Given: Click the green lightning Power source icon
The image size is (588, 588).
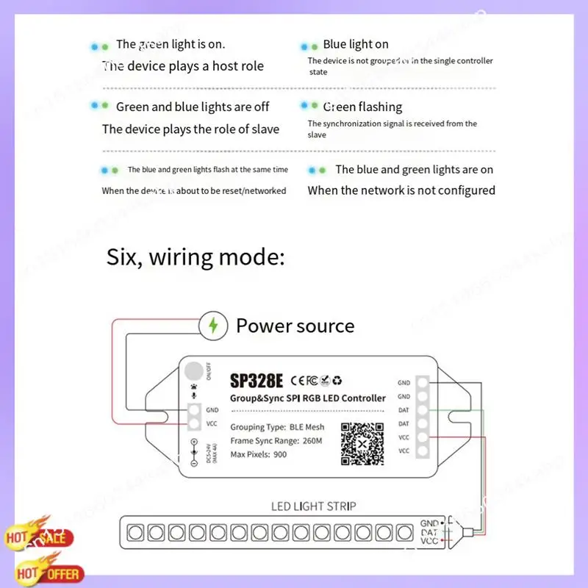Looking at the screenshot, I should [x=212, y=325].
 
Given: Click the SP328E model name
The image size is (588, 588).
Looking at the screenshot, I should [x=256, y=381].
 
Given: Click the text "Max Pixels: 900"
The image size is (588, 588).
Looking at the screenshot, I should [x=259, y=454].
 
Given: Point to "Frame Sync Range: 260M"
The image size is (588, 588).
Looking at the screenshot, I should [x=276, y=440].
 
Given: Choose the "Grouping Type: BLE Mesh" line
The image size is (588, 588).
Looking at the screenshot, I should [x=277, y=427].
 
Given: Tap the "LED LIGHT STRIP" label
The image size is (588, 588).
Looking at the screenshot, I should [x=314, y=506].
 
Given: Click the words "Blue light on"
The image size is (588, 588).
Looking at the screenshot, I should [x=356, y=45].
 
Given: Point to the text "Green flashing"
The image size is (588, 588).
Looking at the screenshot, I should [x=363, y=107].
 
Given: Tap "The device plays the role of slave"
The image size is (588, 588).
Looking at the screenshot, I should [x=190, y=129].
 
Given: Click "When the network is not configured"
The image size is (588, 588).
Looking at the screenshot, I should [x=401, y=190].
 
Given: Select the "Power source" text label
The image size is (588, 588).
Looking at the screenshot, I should [x=295, y=326].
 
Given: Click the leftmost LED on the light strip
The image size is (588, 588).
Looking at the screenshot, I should [x=136, y=531].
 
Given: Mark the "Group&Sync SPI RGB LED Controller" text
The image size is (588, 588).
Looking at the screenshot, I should [x=308, y=398].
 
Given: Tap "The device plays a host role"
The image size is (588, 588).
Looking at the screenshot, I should [x=183, y=66].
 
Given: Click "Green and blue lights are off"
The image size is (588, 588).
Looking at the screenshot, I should [x=193, y=107].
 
